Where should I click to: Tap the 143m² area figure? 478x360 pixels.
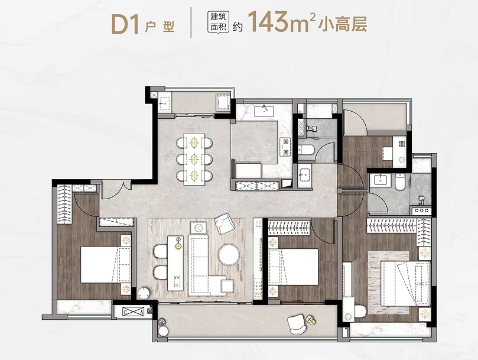click(281, 22)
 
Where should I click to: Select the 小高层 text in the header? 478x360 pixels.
click(342, 24)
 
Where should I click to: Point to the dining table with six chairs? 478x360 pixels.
click(194, 158)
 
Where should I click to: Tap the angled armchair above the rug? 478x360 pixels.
click(225, 223)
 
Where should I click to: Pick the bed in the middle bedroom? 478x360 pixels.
click(293, 267)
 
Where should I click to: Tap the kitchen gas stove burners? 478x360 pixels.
click(286, 147)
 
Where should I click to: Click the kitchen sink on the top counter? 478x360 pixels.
click(264, 110)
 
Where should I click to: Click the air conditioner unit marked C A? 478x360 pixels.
click(133, 312)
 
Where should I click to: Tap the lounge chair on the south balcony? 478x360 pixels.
click(297, 325)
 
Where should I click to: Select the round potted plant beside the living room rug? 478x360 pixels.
click(144, 293)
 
